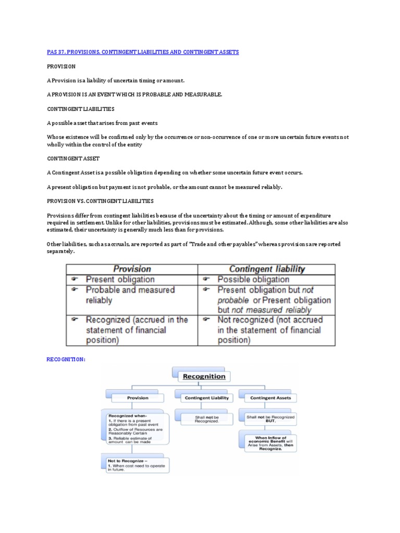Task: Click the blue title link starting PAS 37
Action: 143,53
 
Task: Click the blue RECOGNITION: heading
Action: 66,359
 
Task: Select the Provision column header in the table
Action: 132,269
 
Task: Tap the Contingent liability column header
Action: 267,269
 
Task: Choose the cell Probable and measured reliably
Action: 130,295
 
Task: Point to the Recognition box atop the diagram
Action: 203,376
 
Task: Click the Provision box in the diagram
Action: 137,398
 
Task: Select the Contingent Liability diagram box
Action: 203,398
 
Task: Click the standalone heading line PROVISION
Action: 61,67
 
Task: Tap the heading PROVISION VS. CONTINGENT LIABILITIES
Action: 101,201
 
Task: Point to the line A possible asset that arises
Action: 102,123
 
